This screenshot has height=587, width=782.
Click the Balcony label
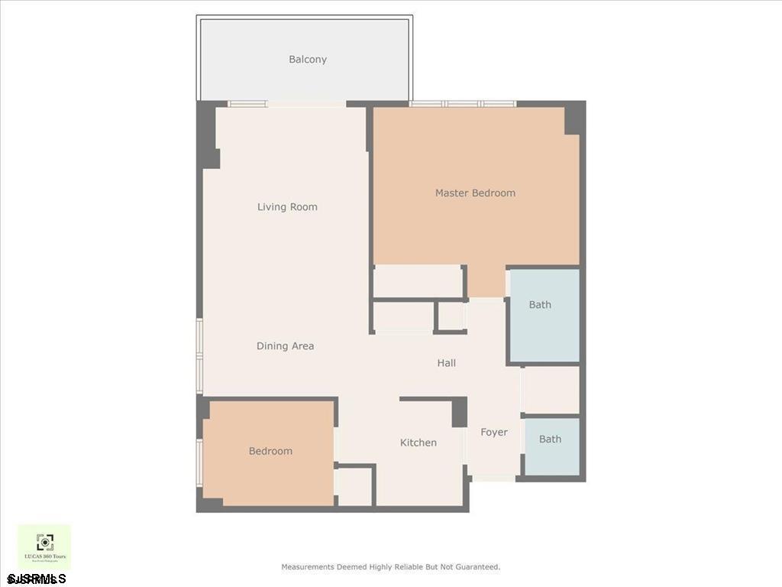click(x=308, y=60)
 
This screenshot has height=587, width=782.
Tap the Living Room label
click(x=287, y=207)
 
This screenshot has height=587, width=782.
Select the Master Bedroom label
click(x=475, y=193)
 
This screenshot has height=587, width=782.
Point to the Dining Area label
click(x=285, y=346)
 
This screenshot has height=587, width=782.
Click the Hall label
click(x=447, y=363)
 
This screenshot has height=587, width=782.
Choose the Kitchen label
click(x=418, y=443)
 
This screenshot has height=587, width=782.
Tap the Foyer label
click(x=494, y=433)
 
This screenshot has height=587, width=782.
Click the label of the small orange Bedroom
click(x=270, y=452)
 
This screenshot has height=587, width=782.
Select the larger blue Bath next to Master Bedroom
click(x=540, y=305)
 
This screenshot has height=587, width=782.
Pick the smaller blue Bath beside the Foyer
click(x=550, y=439)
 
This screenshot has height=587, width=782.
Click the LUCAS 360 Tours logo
click(x=45, y=546)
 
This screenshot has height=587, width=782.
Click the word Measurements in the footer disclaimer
click(x=307, y=567)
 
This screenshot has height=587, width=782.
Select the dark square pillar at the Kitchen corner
click(x=459, y=413)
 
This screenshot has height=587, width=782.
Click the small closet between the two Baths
click(x=551, y=390)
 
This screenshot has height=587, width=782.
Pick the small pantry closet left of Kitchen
click(x=354, y=486)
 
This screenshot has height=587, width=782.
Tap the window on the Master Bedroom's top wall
click(x=463, y=103)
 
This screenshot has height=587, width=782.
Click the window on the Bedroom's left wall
click(x=200, y=462)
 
